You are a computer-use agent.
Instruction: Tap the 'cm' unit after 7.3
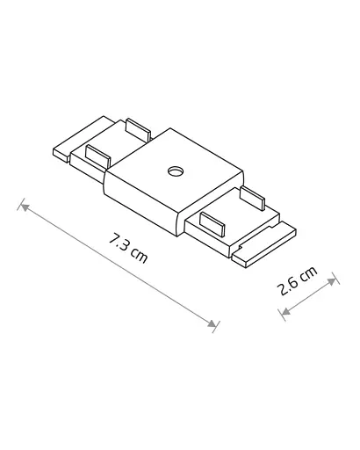pyautogui.click(x=139, y=255)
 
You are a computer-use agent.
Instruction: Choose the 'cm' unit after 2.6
pyautogui.click(x=307, y=277)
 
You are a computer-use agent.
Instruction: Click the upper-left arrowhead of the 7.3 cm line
pyautogui.click(x=25, y=207)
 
